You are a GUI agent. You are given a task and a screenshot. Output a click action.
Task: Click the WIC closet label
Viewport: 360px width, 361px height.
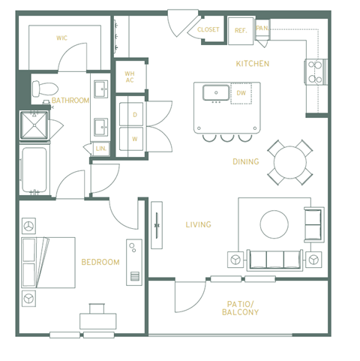(61, 37)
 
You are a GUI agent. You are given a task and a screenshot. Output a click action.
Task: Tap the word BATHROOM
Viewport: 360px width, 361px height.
(70, 101)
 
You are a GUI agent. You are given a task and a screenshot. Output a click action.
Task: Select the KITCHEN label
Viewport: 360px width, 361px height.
(252, 64)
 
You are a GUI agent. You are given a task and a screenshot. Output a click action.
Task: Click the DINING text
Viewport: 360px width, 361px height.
(245, 161)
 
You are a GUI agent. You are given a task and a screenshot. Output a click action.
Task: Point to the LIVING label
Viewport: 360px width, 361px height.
(198, 224)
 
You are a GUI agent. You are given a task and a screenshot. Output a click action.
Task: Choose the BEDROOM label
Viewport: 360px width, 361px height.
(100, 262)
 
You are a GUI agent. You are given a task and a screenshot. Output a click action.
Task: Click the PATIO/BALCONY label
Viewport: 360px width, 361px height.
(240, 308)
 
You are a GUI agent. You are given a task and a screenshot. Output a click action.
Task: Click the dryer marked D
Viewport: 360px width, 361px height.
(134, 114)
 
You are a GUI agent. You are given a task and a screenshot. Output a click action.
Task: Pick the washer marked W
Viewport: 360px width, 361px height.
(134, 139)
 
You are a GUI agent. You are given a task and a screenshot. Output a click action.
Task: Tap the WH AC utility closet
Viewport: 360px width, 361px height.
(129, 77)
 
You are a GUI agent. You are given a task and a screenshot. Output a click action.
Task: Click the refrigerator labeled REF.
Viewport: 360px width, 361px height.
(241, 30)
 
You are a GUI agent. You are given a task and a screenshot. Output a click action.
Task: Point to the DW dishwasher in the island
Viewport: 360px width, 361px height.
(241, 92)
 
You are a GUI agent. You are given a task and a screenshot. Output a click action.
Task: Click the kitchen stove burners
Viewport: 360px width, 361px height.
(315, 71)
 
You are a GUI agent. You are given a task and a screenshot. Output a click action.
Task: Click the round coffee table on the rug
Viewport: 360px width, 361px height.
(274, 223)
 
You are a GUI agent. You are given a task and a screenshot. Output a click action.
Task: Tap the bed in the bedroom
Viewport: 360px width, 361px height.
(48, 262)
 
